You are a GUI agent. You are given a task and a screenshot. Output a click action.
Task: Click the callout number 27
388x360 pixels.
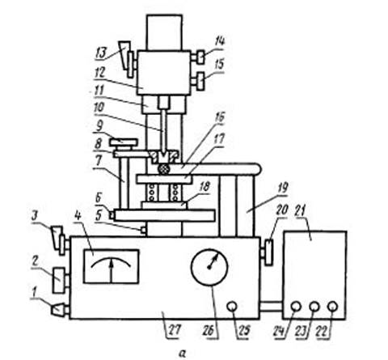pos(173,329)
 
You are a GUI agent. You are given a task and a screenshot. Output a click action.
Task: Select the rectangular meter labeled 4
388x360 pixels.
pos(112,266)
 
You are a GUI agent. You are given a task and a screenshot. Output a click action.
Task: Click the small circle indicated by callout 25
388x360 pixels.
pos(232,307)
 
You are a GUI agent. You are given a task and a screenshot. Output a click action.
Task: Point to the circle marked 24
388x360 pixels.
pos(296,307)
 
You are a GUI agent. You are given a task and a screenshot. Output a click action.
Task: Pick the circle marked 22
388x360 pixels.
pos(333,307)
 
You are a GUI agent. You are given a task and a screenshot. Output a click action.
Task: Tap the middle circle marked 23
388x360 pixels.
pos(314,307)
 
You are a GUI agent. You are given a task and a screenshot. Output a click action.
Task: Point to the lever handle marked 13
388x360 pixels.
pos(127,59)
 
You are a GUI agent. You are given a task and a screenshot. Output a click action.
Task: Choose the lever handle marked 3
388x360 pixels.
pos(60,239)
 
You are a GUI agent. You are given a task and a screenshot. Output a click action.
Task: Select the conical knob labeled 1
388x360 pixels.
pos(60,310)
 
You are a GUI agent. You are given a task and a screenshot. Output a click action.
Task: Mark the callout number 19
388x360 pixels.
pos(282,188)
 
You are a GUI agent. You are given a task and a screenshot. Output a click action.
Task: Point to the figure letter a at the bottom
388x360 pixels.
pos(183,353)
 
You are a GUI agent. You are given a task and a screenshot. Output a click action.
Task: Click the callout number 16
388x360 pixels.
pos(220,118)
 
